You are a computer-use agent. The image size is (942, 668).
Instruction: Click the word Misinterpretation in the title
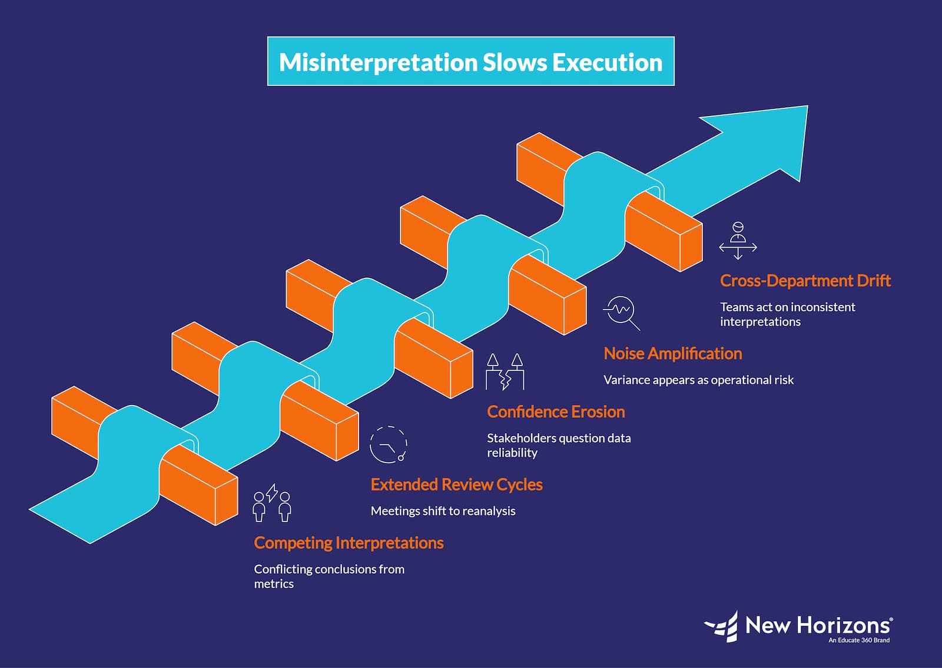coord(378,62)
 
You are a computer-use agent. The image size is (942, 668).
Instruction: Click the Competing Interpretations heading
coord(349,543)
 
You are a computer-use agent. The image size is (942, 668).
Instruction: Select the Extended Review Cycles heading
coord(456,484)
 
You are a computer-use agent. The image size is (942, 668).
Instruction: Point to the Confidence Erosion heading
coord(556,411)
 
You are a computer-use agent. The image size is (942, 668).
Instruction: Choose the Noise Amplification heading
coord(672,353)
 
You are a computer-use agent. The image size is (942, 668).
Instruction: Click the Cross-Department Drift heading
coord(805,280)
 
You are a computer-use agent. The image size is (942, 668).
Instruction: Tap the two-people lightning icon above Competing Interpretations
coord(272,503)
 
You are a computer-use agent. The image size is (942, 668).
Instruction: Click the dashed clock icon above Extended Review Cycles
coord(388,444)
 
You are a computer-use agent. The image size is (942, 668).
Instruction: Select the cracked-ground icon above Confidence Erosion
coord(505,372)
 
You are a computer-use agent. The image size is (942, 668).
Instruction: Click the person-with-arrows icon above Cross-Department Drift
coord(738,241)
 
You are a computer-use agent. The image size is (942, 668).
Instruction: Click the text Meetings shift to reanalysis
coord(443,511)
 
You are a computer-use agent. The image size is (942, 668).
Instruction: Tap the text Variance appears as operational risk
coord(698,380)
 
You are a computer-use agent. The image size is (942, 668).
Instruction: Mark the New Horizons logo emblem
coord(722,626)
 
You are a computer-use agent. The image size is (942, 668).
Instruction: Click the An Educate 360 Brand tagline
coord(859,640)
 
